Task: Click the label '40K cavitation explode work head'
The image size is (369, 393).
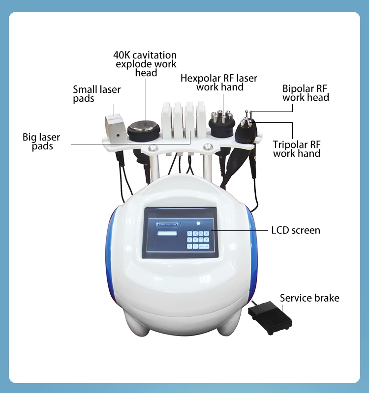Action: point(145,64)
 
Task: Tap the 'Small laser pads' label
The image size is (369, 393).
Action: point(96,94)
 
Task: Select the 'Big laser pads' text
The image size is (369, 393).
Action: point(41,141)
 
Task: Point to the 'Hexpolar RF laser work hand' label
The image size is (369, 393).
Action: point(219,83)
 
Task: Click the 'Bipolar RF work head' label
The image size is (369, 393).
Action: point(305,93)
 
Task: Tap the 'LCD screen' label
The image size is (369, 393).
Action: point(296,230)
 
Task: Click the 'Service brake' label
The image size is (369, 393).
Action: point(309,298)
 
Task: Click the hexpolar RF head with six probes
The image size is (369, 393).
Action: point(222,123)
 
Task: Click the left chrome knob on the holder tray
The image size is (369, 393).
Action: point(154,147)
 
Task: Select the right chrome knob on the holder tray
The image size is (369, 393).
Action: point(209,146)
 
